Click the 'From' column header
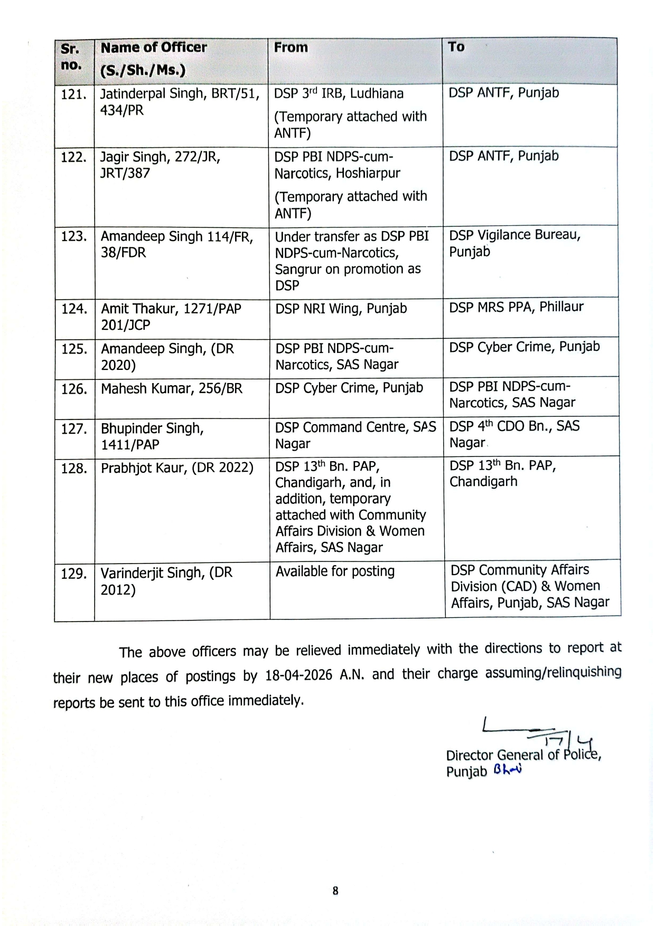291,47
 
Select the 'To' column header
456,47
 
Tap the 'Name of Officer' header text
154,47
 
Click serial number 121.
73,94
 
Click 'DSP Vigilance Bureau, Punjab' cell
514,243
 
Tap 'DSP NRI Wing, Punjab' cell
341,309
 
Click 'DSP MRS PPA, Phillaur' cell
516,307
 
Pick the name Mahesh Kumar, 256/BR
172,389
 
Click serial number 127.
73,429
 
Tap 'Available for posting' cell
335,571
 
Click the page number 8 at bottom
335,891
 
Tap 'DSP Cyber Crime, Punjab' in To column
524,347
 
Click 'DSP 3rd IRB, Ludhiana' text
339,94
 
